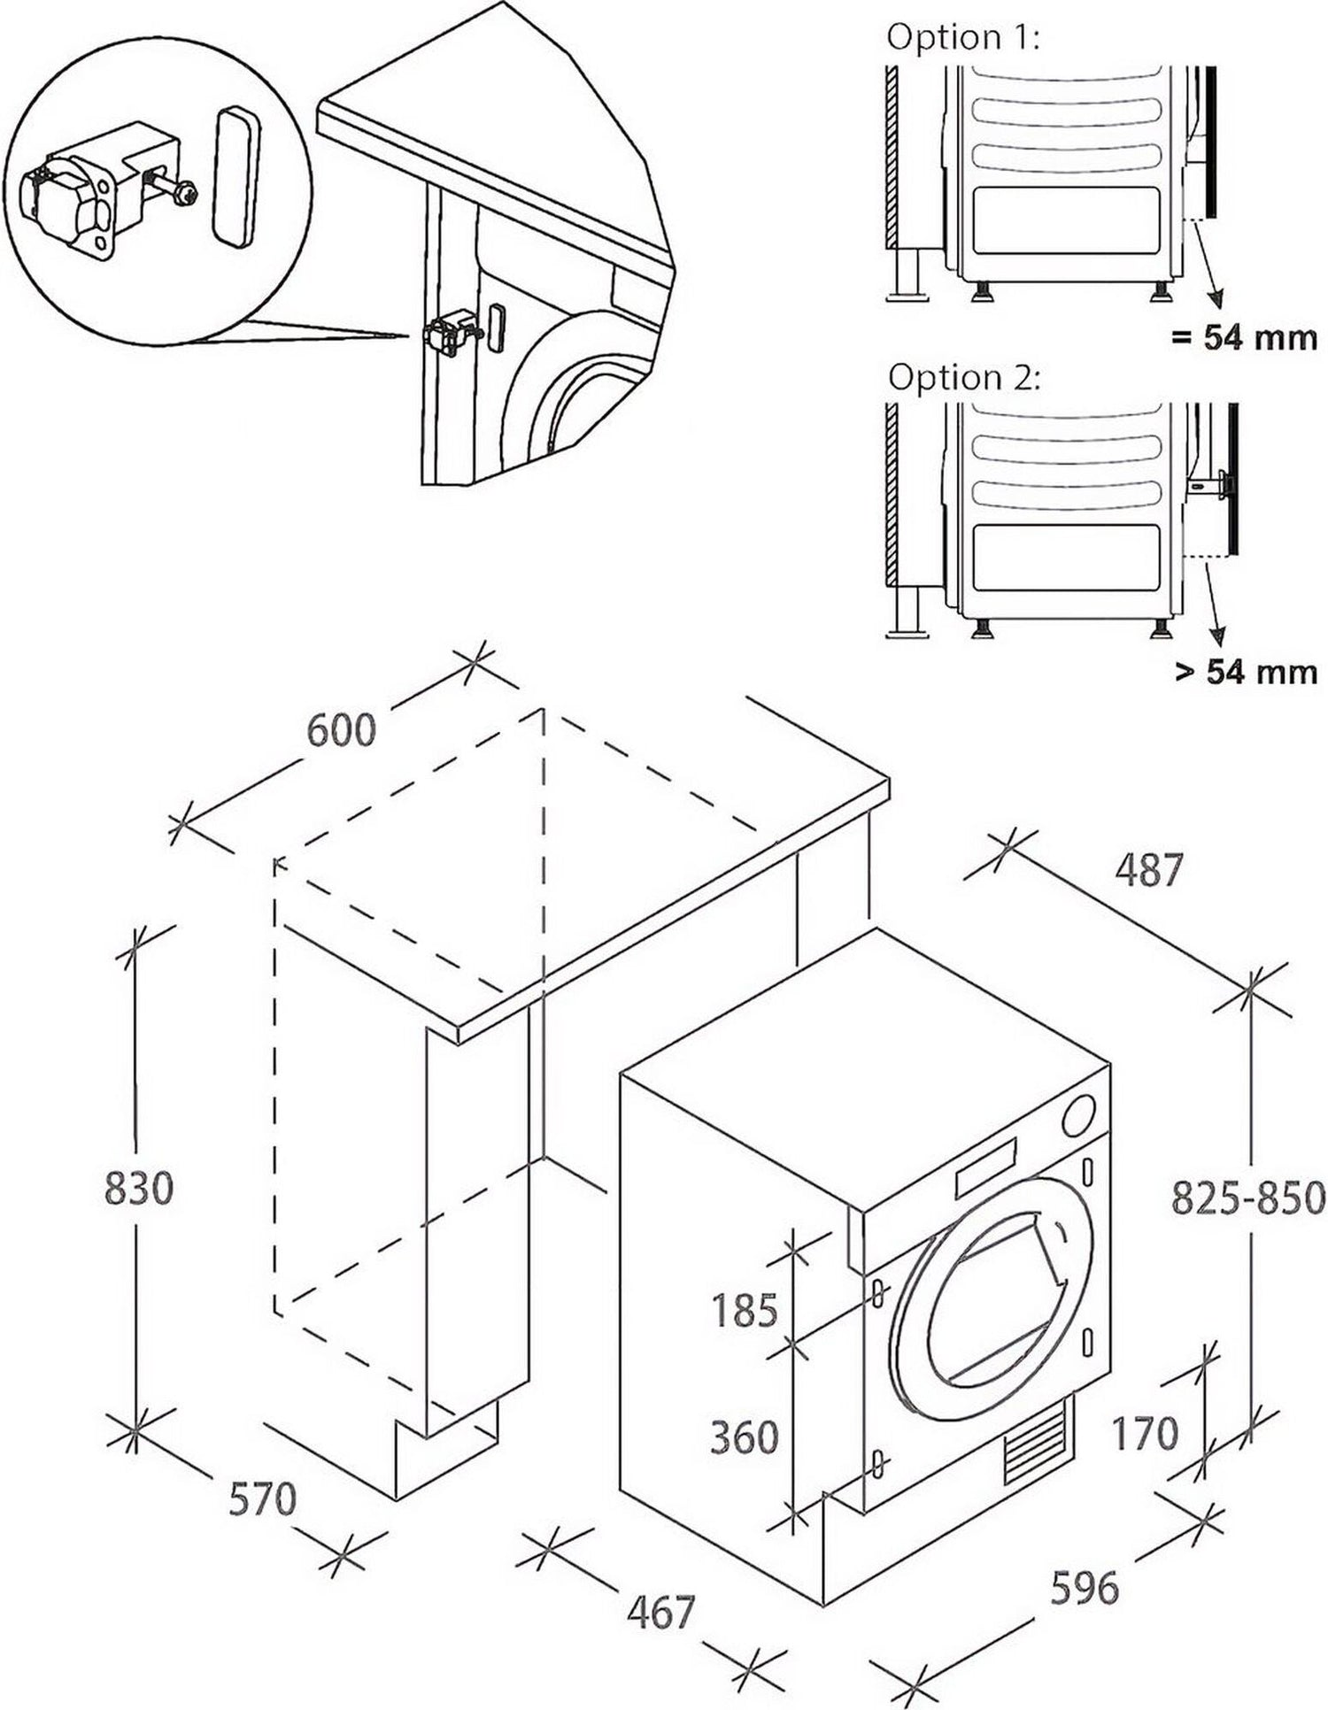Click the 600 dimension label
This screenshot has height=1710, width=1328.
[341, 730]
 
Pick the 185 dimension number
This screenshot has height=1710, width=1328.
[745, 1311]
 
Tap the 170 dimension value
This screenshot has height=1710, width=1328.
[1146, 1433]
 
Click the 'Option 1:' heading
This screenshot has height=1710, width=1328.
[963, 38]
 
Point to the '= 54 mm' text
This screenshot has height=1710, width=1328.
[1244, 337]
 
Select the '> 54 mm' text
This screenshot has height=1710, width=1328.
[1246, 672]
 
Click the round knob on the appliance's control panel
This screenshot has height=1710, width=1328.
[1077, 1116]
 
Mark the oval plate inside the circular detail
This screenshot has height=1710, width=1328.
[235, 176]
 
